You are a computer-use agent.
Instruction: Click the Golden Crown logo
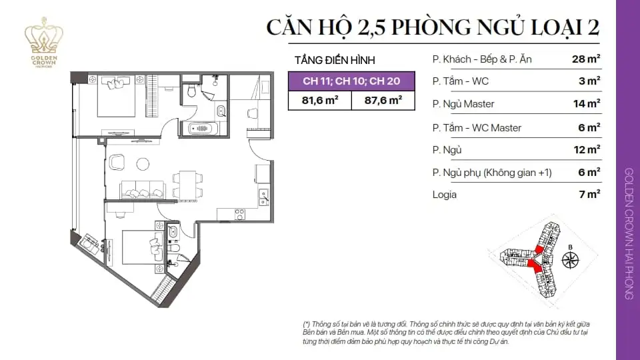click(x=43, y=39)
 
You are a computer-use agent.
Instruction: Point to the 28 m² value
click(x=586, y=59)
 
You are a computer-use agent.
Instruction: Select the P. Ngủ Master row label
click(x=463, y=104)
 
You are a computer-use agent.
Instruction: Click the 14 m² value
click(x=586, y=104)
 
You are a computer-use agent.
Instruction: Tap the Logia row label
click(x=444, y=195)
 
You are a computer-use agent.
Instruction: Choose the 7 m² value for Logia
click(x=589, y=195)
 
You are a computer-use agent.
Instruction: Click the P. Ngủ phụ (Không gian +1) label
click(x=492, y=172)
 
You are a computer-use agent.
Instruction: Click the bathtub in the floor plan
click(x=201, y=127)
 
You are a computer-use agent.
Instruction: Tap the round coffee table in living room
click(x=142, y=163)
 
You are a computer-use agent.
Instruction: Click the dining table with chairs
click(x=186, y=185)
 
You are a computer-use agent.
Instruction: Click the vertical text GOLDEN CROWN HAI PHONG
click(x=628, y=233)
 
